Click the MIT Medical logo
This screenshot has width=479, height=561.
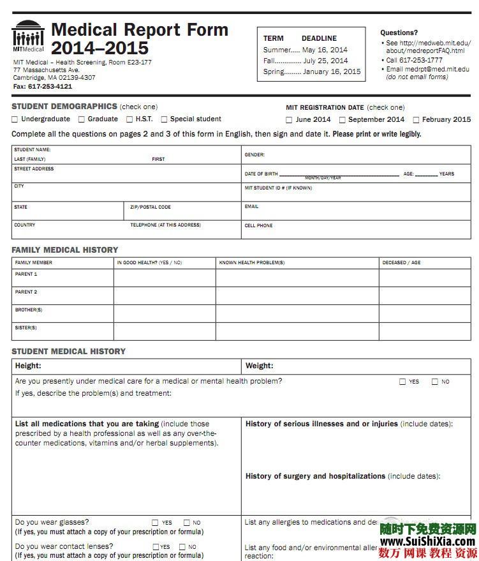coord(28,36)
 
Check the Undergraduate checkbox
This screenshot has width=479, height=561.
coord(15,119)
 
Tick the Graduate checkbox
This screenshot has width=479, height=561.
coord(82,119)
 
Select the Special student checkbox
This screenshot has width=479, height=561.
coord(164,119)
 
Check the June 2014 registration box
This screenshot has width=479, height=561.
coord(289,120)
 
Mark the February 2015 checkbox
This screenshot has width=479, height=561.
coord(416,120)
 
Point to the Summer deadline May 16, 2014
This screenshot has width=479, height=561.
coord(325,50)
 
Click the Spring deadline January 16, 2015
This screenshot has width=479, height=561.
coord(331,71)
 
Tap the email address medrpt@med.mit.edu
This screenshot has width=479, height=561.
coord(437,69)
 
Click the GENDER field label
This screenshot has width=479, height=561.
coord(254,155)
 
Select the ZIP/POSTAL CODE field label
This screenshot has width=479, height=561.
coord(151,207)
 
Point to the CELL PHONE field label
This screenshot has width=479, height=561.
coord(258,226)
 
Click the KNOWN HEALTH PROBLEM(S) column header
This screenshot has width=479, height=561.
coord(252,263)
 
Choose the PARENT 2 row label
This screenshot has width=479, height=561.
coord(26,292)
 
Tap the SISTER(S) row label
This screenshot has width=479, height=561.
coord(26,328)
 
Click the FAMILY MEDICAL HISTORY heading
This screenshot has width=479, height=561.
coord(65,250)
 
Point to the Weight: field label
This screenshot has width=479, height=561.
coord(259,366)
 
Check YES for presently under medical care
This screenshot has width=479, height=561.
coord(402,382)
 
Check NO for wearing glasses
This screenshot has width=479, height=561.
coord(187,523)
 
